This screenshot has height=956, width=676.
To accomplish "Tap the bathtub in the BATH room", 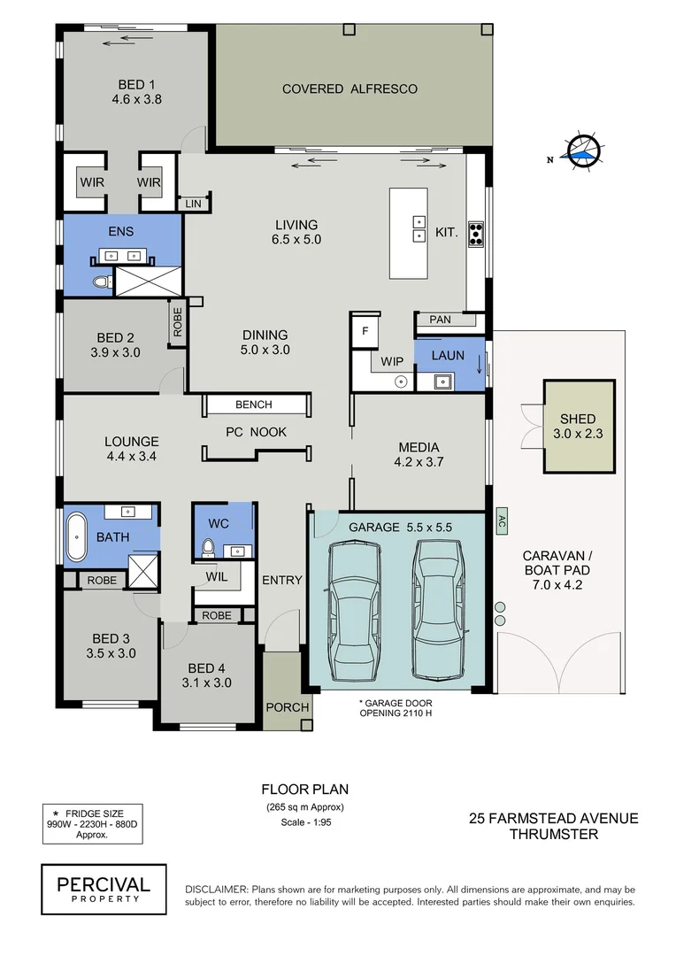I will click(x=77, y=536).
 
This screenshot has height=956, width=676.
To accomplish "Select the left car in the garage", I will click(x=354, y=598).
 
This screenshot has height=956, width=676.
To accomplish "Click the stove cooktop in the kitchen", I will click(x=475, y=233).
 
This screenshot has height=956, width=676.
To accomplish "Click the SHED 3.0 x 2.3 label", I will click(x=578, y=426).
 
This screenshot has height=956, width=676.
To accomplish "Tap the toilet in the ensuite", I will click(x=101, y=282).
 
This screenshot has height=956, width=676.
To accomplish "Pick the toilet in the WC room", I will click(x=210, y=546).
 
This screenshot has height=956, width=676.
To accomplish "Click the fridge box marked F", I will click(x=364, y=330).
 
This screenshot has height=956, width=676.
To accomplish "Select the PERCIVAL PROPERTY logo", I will click(x=104, y=889).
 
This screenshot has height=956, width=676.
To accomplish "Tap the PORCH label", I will click(x=287, y=707).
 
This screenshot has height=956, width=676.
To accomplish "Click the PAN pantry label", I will click(x=440, y=319).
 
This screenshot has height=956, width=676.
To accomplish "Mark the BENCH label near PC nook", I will click(x=254, y=405).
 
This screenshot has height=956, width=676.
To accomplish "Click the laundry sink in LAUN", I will click(x=442, y=382).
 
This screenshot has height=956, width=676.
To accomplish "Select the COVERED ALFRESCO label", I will click(x=350, y=89).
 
